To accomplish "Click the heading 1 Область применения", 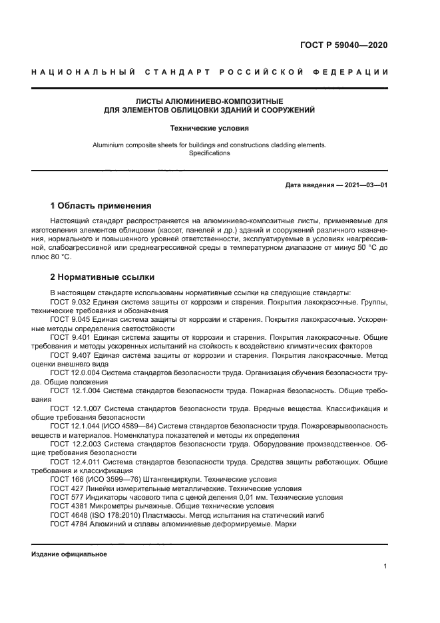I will tap(101, 205).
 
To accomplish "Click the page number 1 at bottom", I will tap(385, 566).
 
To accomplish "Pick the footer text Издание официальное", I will tap(69, 554).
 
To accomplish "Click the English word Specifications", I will tap(209, 153).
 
